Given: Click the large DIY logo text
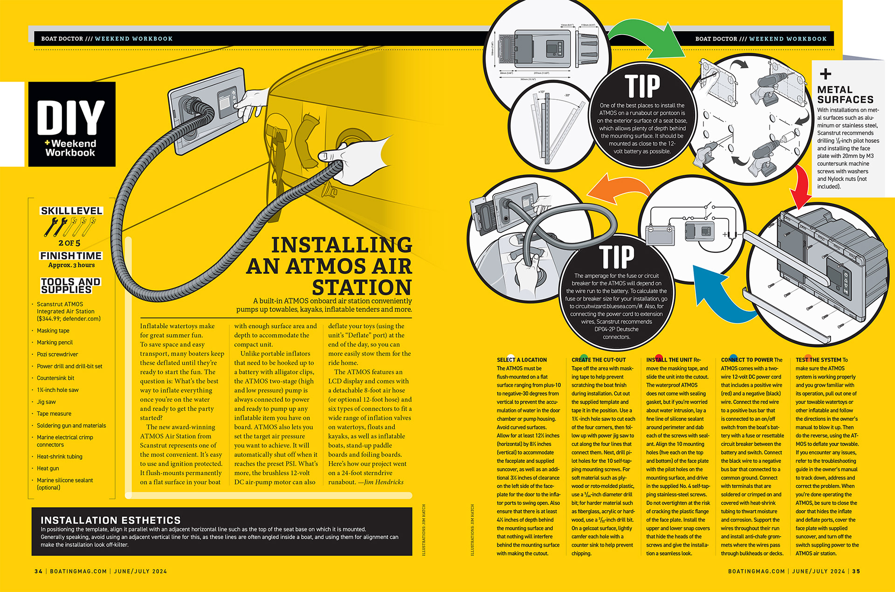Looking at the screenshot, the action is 71,117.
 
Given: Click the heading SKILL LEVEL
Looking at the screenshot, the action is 71,211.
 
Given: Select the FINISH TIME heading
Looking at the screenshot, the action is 71,255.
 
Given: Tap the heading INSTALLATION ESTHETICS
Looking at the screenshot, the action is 110,520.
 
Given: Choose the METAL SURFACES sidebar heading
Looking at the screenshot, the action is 845,95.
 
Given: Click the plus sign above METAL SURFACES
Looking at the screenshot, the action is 826,74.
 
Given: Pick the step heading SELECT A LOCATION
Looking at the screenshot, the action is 522,360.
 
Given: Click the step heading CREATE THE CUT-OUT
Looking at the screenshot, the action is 599,360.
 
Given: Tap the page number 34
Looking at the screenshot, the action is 38,571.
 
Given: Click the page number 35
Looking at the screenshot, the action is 856,571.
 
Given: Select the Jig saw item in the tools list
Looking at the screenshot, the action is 46,402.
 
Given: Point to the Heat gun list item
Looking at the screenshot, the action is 48,468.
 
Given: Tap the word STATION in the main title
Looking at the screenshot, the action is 362,287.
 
